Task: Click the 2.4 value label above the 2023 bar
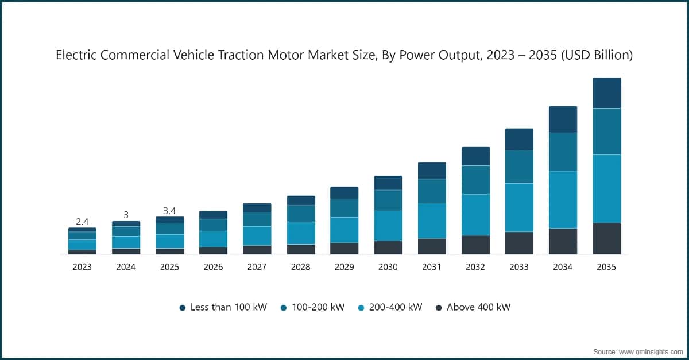pos(82,222)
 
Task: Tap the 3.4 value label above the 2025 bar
pos(169,211)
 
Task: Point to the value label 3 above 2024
pos(126,215)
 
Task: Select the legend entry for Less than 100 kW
pos(223,307)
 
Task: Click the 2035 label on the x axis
pos(606,267)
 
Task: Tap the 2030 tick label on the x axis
pos(388,267)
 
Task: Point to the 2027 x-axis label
pos(257,267)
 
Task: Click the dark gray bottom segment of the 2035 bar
pos(606,238)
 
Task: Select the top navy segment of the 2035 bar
pos(606,92)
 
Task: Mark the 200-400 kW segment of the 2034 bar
pos(563,199)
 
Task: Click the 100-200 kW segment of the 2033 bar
pos(519,167)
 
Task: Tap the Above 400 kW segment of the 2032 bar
pos(475,245)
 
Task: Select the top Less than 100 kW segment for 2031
pos(432,171)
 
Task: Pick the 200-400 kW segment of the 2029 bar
pos(344,230)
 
